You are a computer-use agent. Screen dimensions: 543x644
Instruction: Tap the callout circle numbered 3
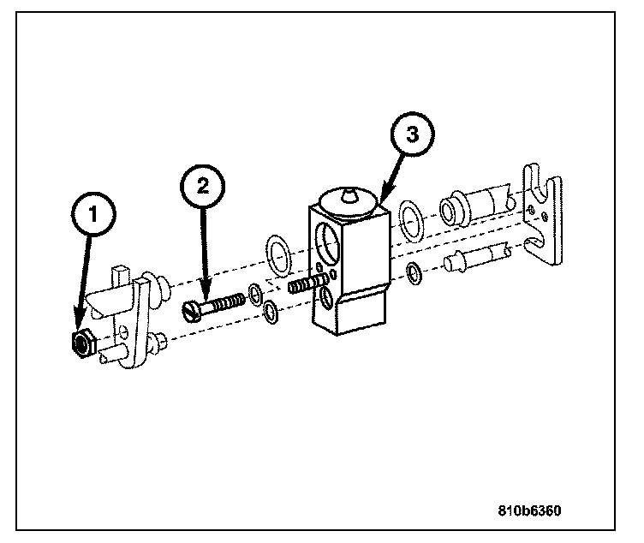(412, 135)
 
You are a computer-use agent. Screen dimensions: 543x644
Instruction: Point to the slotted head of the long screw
(191, 310)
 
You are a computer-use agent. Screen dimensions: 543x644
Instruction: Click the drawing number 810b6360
(530, 512)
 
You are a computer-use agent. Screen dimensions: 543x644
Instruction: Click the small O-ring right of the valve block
(414, 273)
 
